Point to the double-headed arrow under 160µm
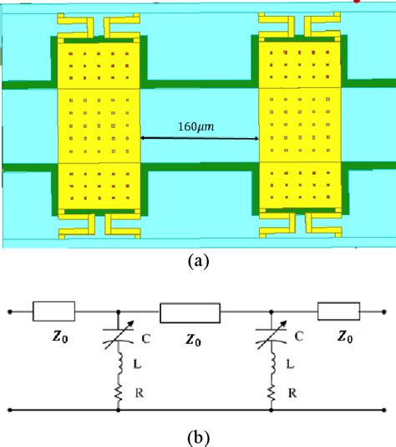(x=199, y=138)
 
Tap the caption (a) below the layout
(x=197, y=261)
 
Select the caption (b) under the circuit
(x=197, y=436)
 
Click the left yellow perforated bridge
(x=99, y=126)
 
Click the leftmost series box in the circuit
(x=54, y=312)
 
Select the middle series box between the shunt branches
(x=190, y=312)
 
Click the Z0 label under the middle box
(x=191, y=341)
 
